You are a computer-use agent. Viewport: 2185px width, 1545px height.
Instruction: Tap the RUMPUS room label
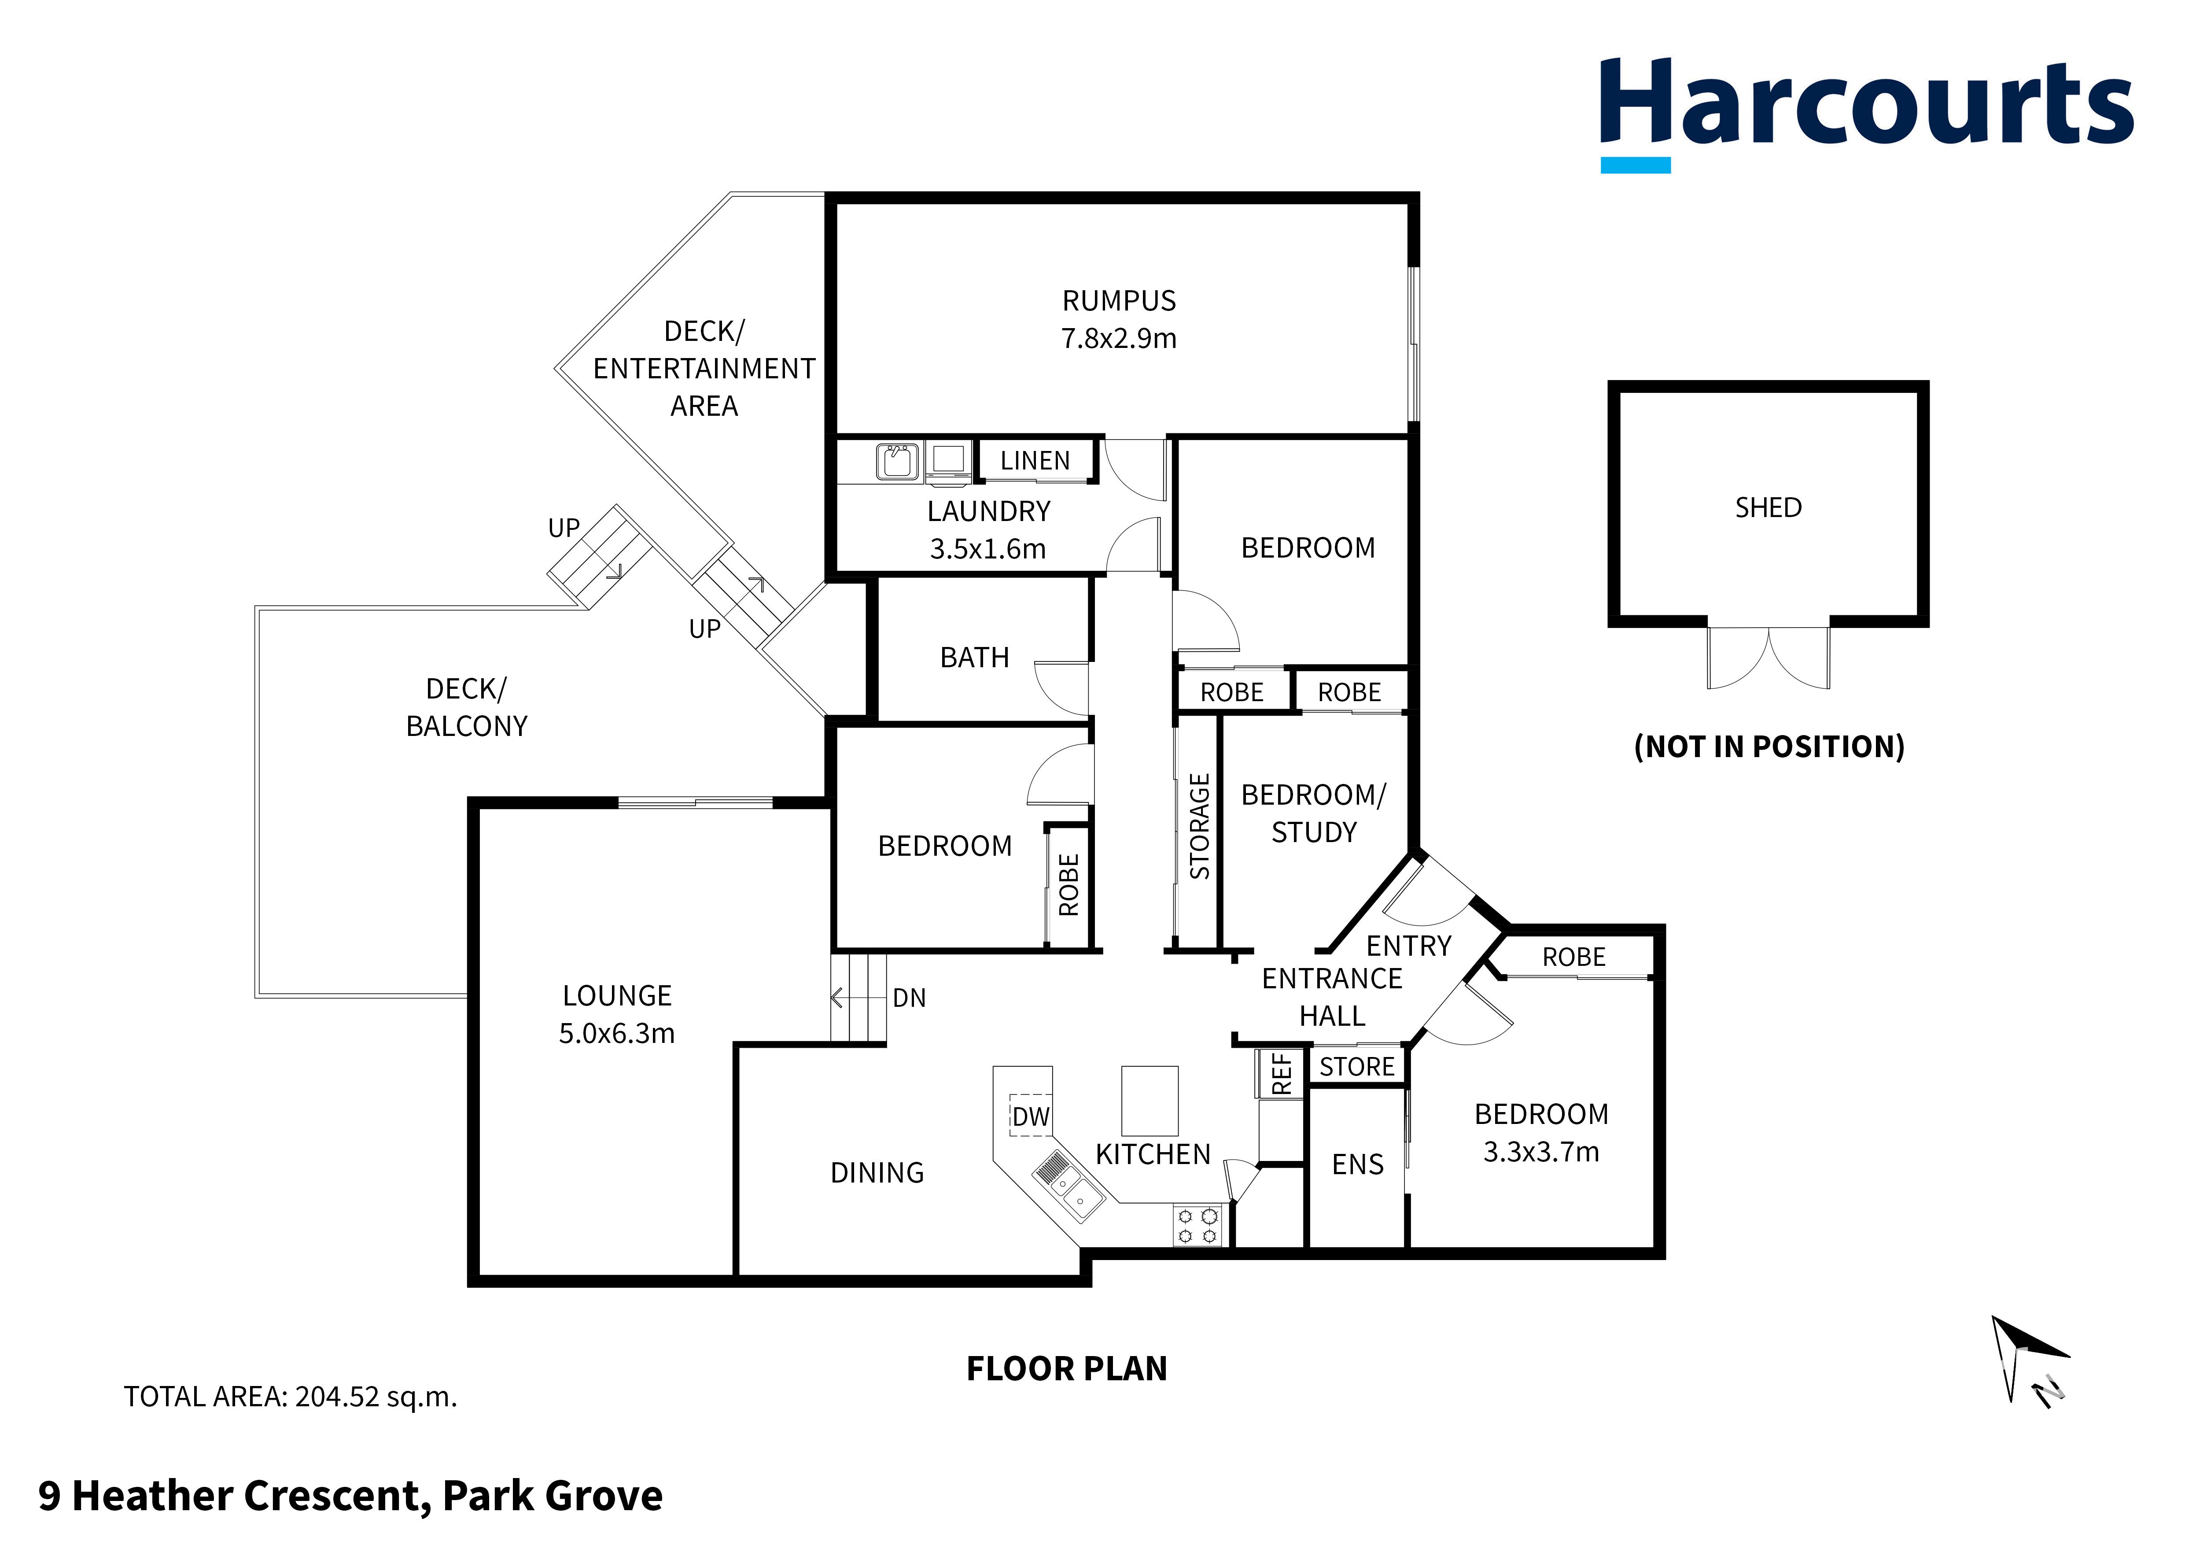pos(1119,301)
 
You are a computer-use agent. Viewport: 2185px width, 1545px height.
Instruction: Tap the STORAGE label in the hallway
pos(1199,826)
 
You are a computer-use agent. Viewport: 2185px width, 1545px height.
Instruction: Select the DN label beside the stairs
pos(909,998)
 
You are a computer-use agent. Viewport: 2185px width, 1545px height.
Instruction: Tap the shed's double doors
pos(1768,657)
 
